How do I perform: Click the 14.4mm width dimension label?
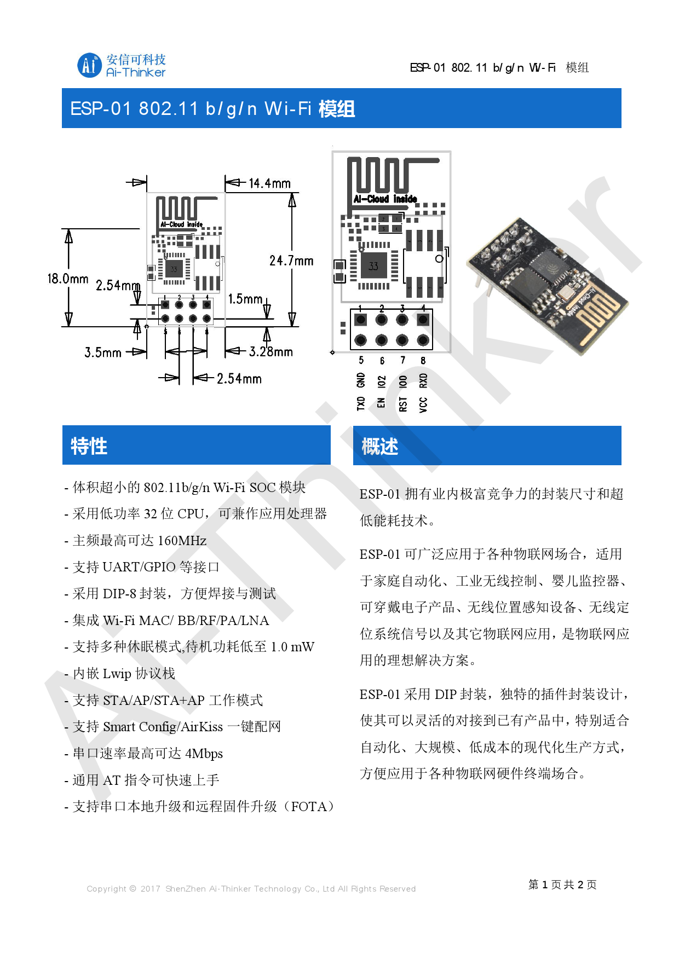[269, 183]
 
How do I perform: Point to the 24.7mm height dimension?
[291, 261]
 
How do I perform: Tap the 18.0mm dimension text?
[68, 279]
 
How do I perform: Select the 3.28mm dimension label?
[271, 352]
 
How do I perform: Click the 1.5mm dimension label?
[245, 299]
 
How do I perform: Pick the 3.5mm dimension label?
[103, 352]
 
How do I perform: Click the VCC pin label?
[423, 404]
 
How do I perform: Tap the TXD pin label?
[361, 404]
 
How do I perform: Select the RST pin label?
[403, 404]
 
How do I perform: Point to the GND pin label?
[361, 380]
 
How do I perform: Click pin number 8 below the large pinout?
[423, 361]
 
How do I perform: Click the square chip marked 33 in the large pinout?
[373, 267]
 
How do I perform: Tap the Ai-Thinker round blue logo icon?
[89, 65]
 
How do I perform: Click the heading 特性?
[89, 446]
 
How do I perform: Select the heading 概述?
[379, 447]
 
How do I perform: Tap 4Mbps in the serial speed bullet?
[204, 754]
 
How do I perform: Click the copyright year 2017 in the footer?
[150, 889]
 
